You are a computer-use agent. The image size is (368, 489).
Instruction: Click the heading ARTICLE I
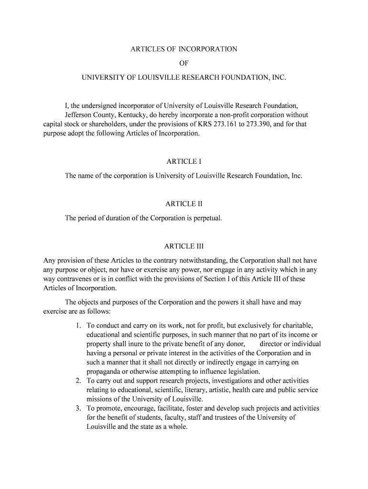[x=184, y=161]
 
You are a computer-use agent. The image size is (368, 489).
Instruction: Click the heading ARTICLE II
[x=184, y=204]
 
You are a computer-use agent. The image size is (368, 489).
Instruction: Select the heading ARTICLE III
[x=184, y=246]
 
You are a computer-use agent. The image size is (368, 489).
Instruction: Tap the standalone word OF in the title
[x=184, y=63]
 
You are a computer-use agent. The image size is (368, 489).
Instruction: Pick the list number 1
[x=78, y=326]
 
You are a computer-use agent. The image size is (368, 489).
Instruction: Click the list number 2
[x=78, y=381]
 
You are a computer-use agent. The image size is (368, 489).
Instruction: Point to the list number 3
[x=78, y=408]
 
